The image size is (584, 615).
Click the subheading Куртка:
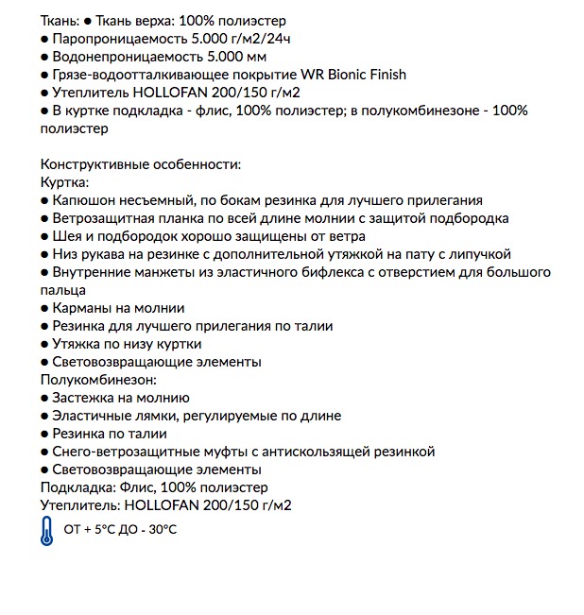[65, 182]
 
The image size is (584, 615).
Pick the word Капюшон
[84, 200]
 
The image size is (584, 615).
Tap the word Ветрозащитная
[103, 218]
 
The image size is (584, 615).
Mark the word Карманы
[82, 308]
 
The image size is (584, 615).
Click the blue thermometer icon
[48, 531]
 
